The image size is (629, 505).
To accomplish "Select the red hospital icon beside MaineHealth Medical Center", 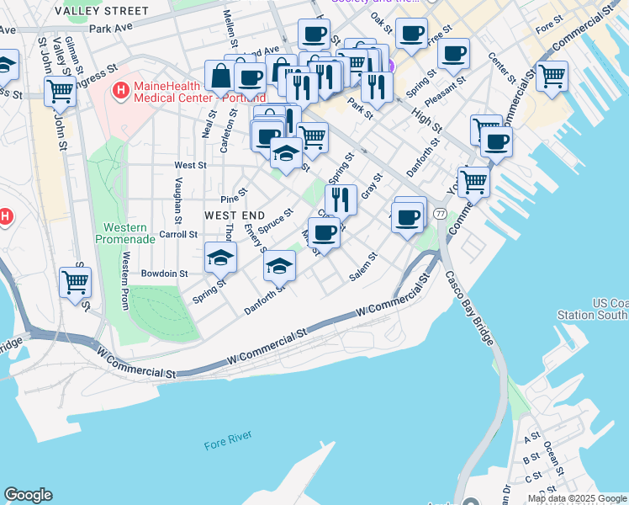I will point(122,88).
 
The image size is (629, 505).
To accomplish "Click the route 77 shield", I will point(440,215).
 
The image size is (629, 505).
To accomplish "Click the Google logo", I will point(28,495).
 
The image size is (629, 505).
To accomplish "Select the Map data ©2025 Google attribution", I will point(576,498).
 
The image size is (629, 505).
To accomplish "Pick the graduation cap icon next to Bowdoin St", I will point(220,257).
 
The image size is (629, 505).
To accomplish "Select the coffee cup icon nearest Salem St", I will point(324,232).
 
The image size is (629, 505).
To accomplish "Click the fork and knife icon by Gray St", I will point(341,199).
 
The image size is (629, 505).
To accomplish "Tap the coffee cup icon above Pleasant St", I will point(453,53).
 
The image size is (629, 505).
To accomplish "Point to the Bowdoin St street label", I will point(164,274).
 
